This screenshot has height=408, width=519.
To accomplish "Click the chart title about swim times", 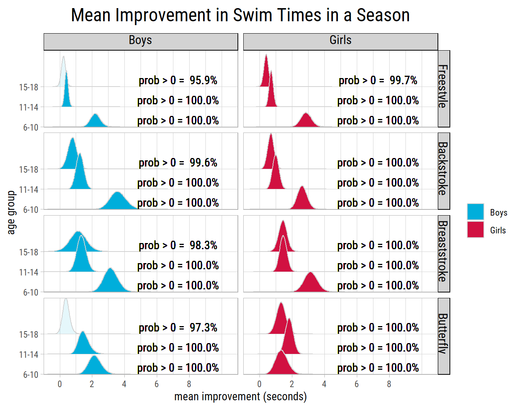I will pos(240,15).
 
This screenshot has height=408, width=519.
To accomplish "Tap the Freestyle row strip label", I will pos(444,87).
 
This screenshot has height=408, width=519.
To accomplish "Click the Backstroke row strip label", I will pos(444,169).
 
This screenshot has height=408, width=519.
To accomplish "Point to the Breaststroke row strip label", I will pos(444,252).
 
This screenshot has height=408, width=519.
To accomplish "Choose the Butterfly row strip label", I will pos(444,334).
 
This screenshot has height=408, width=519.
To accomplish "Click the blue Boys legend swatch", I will pos(475,212).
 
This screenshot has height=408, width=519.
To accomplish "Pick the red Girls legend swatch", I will pos(475,229).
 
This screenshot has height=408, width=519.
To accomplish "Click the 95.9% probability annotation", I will pos(178,80).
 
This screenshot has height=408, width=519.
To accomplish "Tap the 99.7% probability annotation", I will pos(378,80).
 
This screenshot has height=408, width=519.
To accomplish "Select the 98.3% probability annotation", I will pos(178,245).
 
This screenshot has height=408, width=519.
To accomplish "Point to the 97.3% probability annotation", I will pos(178,328).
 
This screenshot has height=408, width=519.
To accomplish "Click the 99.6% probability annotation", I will pos(178,163).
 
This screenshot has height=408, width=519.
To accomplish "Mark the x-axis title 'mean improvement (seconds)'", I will pos(241,397).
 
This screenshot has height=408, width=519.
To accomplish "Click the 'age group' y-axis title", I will pos(12,212).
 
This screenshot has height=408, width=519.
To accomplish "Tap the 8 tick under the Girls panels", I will pos(389,384).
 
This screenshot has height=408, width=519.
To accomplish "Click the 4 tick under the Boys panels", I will pos(124,384).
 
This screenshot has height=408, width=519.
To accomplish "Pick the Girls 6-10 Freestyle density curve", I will pos(306,121).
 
